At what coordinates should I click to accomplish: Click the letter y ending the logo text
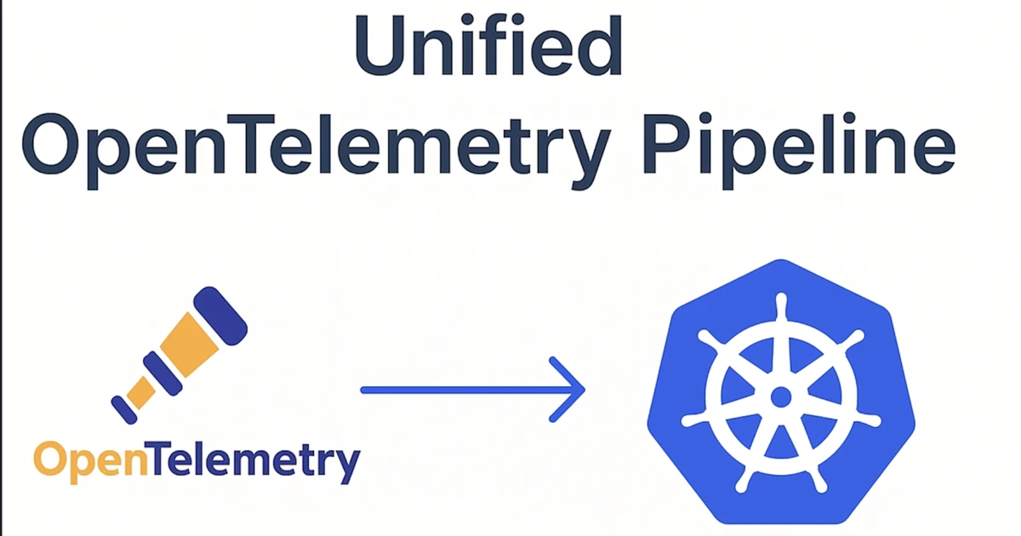(x=345, y=465)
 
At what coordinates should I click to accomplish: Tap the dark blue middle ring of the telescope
(x=161, y=373)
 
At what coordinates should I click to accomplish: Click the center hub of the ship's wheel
(x=780, y=396)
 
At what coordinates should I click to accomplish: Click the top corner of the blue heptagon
(x=780, y=261)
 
